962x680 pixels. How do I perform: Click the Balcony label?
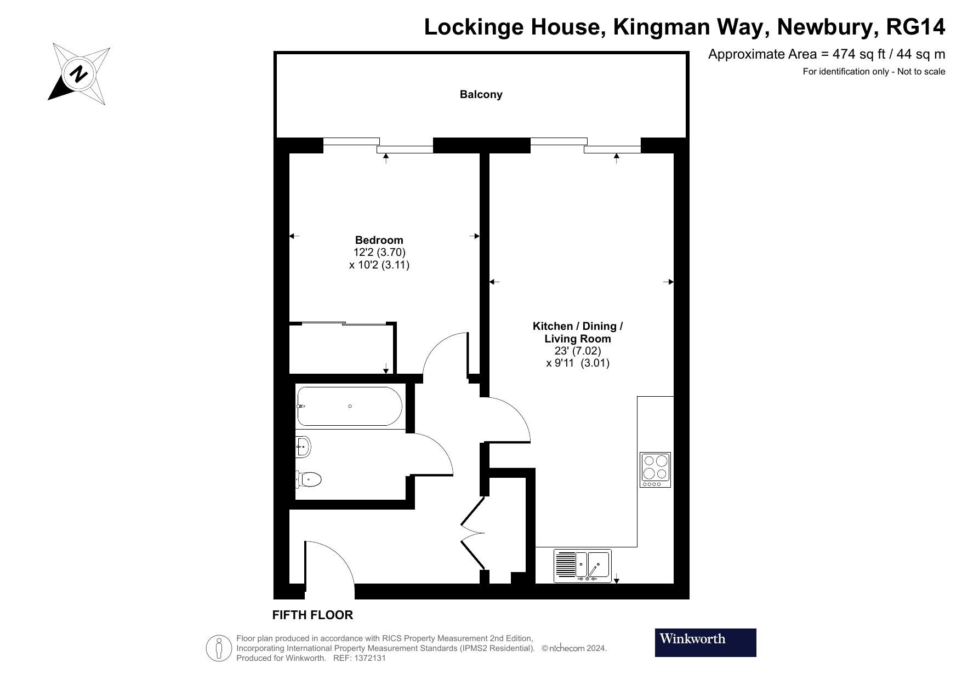point(481,94)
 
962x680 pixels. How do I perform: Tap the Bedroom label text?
point(379,240)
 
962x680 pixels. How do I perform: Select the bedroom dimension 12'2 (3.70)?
point(379,253)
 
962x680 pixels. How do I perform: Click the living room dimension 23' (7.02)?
point(577,351)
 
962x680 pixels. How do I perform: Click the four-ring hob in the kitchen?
point(655,470)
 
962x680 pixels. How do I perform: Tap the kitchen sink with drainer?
point(582,565)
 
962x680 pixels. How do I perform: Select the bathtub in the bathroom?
point(349,407)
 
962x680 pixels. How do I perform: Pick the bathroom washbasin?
point(303,447)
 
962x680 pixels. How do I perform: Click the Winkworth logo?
point(705,642)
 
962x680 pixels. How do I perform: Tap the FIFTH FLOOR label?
point(312,615)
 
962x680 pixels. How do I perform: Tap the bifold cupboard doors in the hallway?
point(473,532)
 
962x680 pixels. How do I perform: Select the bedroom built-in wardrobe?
point(341,348)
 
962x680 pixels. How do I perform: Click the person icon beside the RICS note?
point(219,648)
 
